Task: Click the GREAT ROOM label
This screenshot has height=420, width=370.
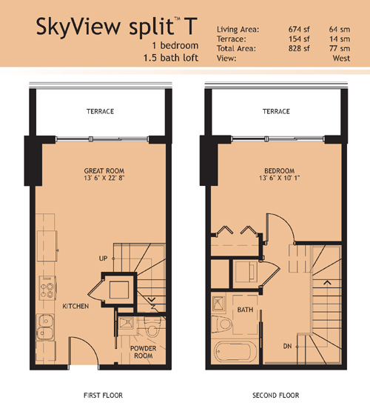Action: [104, 170]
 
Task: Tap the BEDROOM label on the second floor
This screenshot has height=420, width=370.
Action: [279, 170]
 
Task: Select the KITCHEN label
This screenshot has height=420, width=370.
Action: [75, 306]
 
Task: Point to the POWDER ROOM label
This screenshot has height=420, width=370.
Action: [143, 352]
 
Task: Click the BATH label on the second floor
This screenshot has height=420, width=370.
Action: [245, 310]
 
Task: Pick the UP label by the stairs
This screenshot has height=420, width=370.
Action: [103, 259]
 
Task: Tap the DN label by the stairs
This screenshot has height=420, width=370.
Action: [287, 346]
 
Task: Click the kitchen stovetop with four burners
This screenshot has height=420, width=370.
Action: [47, 288]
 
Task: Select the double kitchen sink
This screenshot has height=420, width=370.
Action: [45, 327]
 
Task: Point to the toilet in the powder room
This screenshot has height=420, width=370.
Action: [152, 326]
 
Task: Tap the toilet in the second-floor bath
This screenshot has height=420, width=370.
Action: [222, 324]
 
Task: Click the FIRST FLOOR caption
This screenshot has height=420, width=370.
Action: [103, 395]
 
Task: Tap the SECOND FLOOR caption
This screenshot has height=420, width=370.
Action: [276, 395]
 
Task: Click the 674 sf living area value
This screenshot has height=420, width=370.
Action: [299, 29]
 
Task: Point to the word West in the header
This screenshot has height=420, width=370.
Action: [341, 58]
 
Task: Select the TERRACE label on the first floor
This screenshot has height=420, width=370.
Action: [100, 111]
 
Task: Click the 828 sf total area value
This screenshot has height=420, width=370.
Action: [299, 48]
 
